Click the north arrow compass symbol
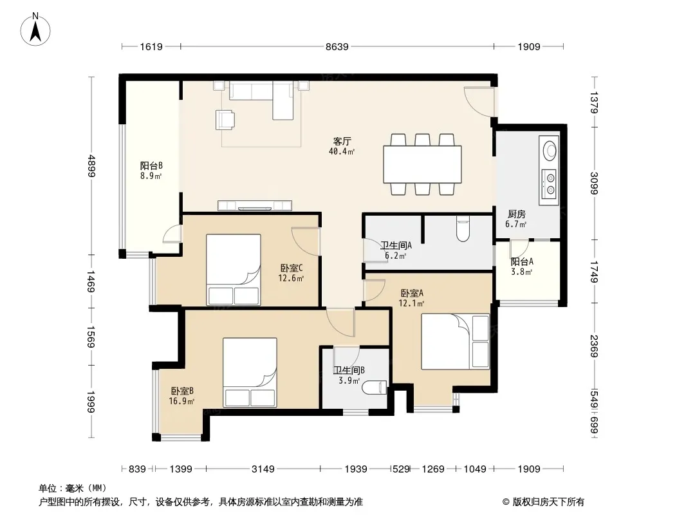(x=35, y=29)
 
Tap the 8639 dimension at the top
(x=337, y=46)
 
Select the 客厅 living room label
(x=342, y=142)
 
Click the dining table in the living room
(x=422, y=164)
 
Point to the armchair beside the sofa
(x=225, y=120)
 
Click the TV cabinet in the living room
(x=255, y=205)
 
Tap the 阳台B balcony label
(x=151, y=166)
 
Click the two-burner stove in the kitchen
(x=550, y=184)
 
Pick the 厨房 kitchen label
(x=517, y=214)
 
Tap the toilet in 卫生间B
(x=376, y=388)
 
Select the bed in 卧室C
(x=234, y=270)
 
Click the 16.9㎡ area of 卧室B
(x=181, y=401)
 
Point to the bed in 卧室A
(x=455, y=342)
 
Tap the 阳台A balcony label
(x=522, y=261)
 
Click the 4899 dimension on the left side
(x=91, y=166)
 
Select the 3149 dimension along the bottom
(x=263, y=469)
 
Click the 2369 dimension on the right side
(x=594, y=346)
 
